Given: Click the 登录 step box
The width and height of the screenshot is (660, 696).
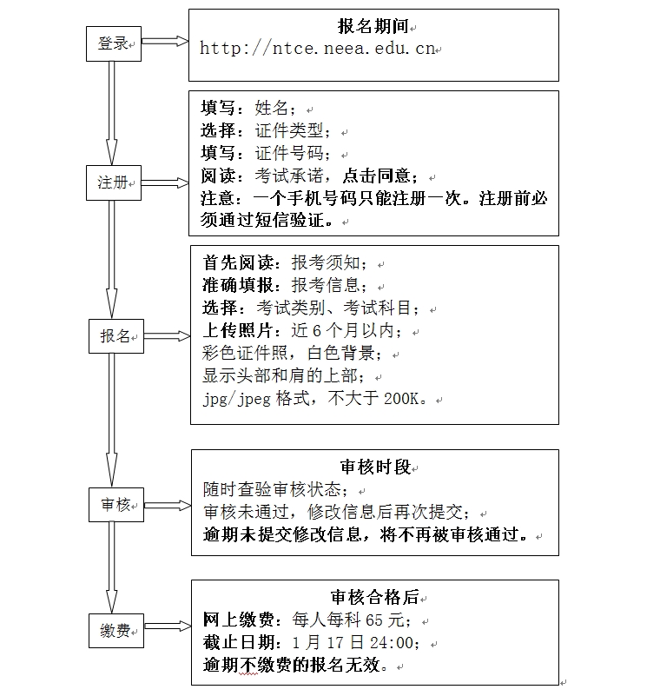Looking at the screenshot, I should tap(113, 43).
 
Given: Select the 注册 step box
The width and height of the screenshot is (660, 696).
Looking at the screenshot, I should tap(113, 182).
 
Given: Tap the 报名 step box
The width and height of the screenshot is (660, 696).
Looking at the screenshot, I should tap(115, 336).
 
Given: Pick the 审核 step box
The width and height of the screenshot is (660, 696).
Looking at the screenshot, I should tap(115, 505).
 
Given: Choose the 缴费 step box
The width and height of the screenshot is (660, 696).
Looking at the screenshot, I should tap(115, 630).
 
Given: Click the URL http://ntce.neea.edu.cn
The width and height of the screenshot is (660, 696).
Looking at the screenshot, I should tap(317, 49).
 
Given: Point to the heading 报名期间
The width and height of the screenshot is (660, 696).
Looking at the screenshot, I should tap(373, 27).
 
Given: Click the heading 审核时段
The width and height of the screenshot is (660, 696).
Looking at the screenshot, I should tap(374, 467).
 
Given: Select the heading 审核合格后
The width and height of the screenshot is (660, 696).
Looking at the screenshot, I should tap(374, 597).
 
